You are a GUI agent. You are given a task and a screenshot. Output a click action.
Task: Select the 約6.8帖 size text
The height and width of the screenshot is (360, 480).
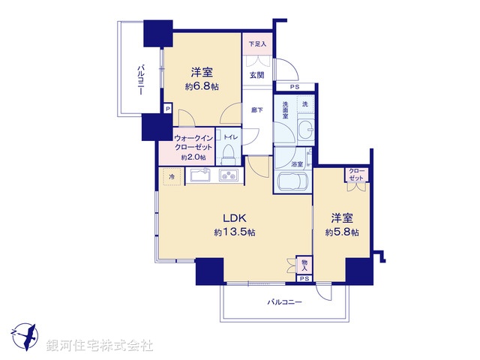(201, 87)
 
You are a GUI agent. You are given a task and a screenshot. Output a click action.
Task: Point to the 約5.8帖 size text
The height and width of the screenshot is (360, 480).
(342, 232)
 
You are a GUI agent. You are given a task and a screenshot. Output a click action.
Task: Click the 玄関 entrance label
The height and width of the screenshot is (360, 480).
(256, 74)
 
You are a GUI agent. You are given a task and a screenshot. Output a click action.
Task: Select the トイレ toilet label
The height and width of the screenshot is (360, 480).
(229, 137)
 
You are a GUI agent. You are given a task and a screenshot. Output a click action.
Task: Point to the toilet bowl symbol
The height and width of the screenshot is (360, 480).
(229, 154)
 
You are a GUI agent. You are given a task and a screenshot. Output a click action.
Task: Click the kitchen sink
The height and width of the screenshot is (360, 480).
(199, 176)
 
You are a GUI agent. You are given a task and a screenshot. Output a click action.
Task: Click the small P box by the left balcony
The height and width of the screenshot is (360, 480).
(167, 109)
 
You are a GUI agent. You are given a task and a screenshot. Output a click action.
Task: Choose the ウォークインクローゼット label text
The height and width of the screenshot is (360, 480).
(193, 142)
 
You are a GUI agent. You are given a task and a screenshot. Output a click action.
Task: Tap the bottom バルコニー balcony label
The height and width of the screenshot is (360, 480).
(284, 302)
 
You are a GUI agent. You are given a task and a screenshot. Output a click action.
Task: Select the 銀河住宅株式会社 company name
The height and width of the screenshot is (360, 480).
(100, 346)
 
